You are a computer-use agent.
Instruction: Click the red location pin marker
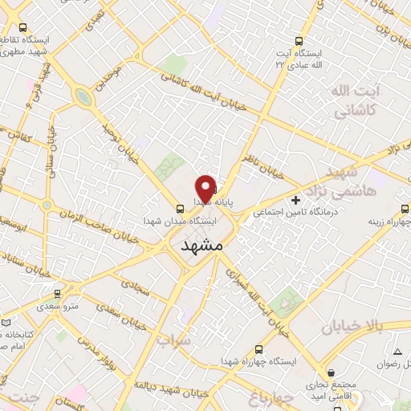[205, 188]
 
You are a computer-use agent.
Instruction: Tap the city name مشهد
[201, 245]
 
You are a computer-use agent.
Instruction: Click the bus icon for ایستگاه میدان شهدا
[179, 207]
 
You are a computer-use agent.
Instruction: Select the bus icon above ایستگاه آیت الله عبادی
[299, 40]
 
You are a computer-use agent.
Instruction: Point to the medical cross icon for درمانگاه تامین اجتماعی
[296, 198]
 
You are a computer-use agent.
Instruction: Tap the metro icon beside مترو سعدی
[56, 294]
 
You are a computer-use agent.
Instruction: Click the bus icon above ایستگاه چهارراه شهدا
[258, 349]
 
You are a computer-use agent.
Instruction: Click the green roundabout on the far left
[81, 97]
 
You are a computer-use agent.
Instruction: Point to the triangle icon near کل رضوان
[397, 352]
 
